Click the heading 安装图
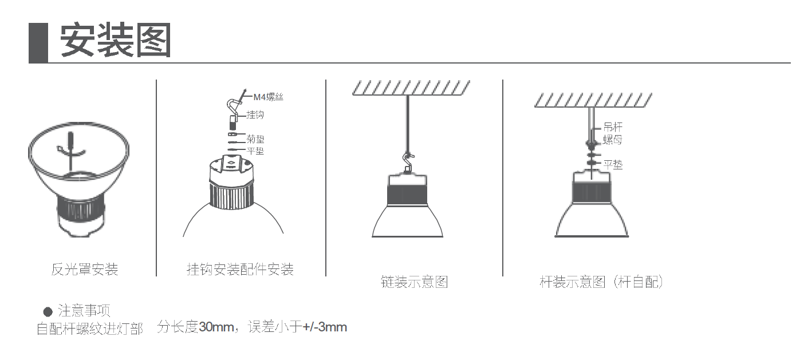tap(116, 41)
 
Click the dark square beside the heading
tap(38, 42)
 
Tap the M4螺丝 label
tap(268, 97)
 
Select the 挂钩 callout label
tap(255, 115)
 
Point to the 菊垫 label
tap(255, 139)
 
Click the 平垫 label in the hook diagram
tap(255, 151)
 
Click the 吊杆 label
tap(612, 127)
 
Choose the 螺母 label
tap(612, 140)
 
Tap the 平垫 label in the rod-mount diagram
tap(613, 165)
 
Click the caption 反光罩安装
tap(84, 269)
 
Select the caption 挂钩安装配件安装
tap(240, 269)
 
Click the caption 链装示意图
tap(414, 282)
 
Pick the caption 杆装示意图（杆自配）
tap(601, 282)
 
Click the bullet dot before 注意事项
tap(48, 312)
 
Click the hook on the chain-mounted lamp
tap(408, 161)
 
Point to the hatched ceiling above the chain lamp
tap(410, 88)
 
